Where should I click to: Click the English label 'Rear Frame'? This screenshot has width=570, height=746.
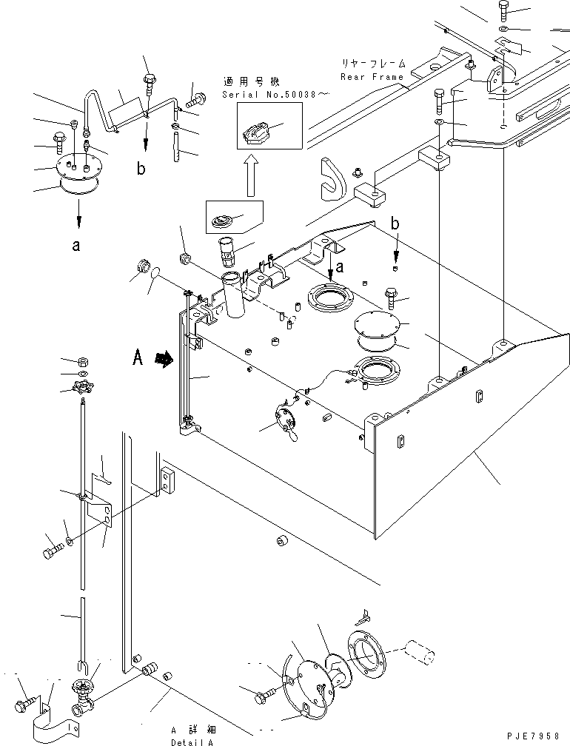coord(372,77)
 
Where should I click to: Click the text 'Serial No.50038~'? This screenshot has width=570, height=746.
coord(275,94)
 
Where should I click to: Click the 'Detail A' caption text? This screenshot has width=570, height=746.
coord(192,742)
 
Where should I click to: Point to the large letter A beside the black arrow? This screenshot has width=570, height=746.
coord(138,357)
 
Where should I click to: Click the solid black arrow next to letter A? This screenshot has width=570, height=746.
coord(164,359)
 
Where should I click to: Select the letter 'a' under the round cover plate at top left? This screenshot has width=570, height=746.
coord(76,246)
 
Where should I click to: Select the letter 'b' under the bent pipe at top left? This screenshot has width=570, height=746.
coord(141,168)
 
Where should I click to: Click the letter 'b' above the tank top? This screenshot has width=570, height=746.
coord(395,224)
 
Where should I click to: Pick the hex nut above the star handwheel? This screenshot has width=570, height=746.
coord(84,363)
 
